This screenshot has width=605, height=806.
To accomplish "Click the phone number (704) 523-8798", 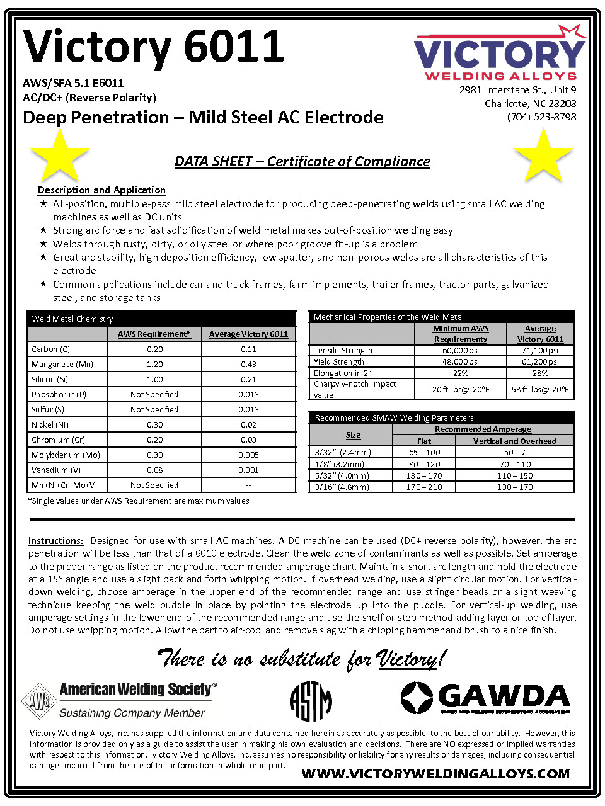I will (541, 117).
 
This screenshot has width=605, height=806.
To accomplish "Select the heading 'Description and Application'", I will (101, 190).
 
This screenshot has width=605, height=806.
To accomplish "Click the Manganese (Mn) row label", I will (62, 365).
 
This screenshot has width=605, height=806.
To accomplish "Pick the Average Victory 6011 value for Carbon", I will (248, 349).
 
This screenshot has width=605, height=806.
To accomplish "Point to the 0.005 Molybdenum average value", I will (248, 455).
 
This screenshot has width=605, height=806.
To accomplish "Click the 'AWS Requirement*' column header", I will (154, 334).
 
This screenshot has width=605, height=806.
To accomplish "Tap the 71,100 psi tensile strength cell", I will (540, 351).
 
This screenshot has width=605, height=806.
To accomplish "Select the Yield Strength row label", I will (339, 362).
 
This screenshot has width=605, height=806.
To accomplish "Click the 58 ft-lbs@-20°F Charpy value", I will (540, 390).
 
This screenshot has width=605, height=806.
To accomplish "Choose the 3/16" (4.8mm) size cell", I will (342, 487).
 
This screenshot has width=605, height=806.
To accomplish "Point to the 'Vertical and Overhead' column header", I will (515, 441).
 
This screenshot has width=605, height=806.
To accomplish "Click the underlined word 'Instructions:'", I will (55, 541).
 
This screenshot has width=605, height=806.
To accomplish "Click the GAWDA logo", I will (485, 698).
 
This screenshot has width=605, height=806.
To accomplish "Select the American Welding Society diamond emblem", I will (40, 700).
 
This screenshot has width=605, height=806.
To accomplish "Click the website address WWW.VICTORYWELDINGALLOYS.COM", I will (435, 774).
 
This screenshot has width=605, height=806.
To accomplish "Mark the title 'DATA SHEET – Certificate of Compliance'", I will (302, 162).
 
